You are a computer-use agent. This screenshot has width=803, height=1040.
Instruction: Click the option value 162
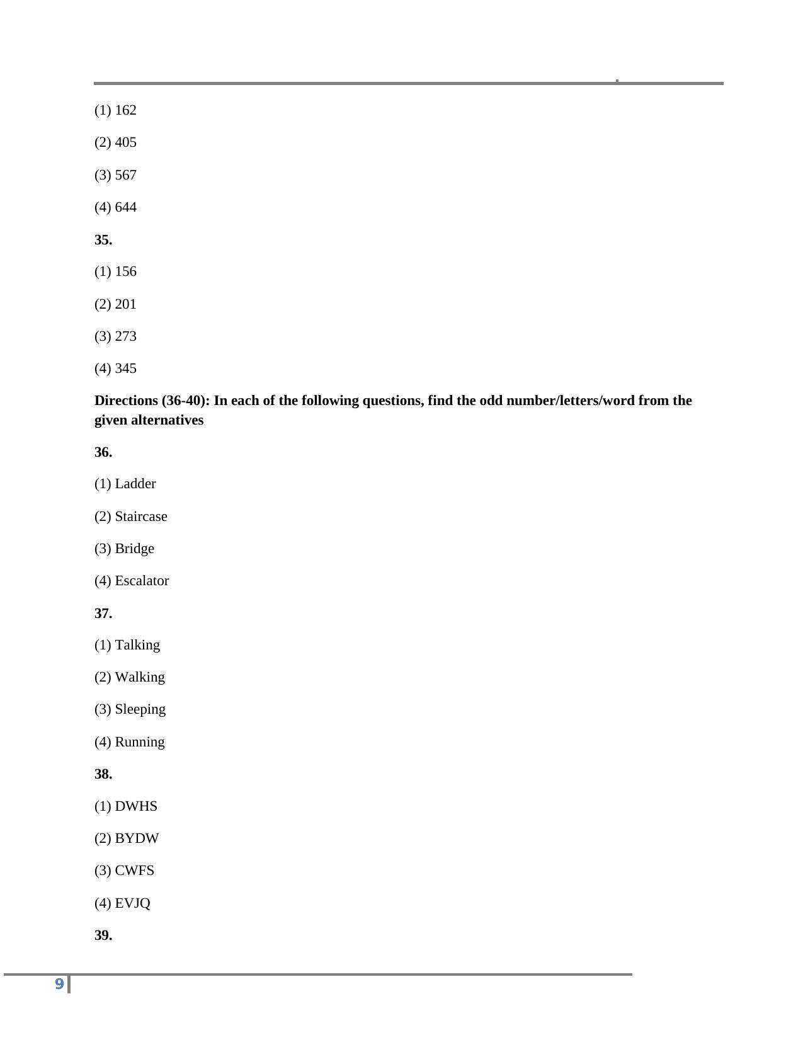coord(125,110)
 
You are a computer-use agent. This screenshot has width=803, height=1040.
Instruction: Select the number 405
coord(125,142)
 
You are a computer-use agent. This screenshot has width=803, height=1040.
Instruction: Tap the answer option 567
coord(125,175)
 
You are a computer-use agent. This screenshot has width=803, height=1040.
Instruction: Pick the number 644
coord(125,207)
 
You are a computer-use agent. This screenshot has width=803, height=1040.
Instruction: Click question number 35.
coord(103,240)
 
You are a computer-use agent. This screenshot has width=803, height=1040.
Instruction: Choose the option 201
coord(125,304)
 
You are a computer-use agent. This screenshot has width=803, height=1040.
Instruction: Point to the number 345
coord(125,369)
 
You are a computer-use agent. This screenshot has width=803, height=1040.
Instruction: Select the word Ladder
coord(135,484)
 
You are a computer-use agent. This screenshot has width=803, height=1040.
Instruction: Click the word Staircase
coord(141,517)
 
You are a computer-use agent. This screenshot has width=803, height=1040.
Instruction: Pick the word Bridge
coord(134,549)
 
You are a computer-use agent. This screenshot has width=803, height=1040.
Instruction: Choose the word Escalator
coord(142,581)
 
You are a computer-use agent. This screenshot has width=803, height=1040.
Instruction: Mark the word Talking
coord(137,645)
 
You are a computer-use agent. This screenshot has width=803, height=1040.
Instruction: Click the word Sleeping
coord(140,709)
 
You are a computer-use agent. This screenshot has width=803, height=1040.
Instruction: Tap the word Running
coord(140,742)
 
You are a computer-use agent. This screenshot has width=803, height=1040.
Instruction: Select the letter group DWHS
coord(136,806)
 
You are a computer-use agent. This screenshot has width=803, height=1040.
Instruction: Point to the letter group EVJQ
coord(132,903)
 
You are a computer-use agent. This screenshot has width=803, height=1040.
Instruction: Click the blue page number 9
coord(59,984)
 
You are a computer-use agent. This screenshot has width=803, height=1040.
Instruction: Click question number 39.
coord(103,935)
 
